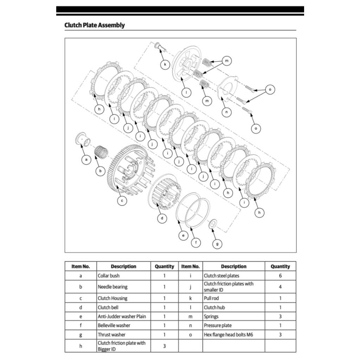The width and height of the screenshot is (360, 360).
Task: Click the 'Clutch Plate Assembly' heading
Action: point(95,25)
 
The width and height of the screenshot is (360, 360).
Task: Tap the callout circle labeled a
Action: point(85,160)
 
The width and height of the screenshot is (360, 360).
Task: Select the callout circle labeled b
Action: point(101,172)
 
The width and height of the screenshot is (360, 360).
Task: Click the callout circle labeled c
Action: point(122,201)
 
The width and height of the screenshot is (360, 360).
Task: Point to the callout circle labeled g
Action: point(218,243)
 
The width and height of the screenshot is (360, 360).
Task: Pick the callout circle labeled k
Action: point(165,64)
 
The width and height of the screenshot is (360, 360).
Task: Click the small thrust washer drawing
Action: point(213,224)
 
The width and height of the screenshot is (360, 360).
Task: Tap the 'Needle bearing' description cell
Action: point(123,287)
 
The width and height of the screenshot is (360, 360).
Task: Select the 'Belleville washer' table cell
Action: point(123,326)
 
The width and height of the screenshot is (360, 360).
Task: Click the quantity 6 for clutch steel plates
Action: point(280,276)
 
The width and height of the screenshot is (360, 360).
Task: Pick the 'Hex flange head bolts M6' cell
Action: point(234,335)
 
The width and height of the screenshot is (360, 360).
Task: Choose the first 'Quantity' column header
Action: point(164,266)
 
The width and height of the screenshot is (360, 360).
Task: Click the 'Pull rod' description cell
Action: point(234,298)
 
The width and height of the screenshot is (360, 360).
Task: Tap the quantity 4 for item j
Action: point(280,287)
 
